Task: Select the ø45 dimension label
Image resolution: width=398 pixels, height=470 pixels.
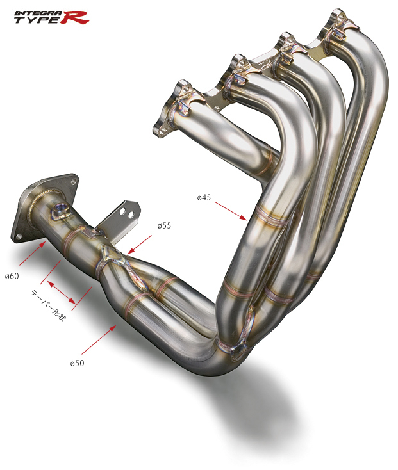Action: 204,197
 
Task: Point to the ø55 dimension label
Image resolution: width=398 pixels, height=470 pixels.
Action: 164,226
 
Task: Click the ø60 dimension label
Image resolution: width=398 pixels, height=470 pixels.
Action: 12,276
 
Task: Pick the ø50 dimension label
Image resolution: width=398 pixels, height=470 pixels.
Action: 77,363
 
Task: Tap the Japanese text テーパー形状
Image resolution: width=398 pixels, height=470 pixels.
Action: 48,306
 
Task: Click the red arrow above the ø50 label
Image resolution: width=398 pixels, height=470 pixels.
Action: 99,340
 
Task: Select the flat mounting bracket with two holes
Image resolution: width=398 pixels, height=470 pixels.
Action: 126,215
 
